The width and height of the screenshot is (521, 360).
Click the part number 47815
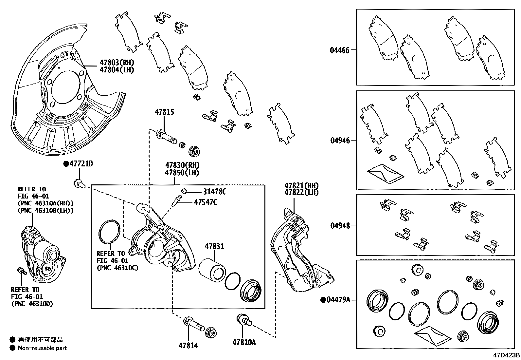pyautogui.click(x=164, y=112)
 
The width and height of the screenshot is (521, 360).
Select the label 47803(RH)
pyautogui.click(x=117, y=63)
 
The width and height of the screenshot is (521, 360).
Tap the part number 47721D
pyautogui.click(x=81, y=164)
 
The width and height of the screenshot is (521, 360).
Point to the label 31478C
pyautogui.click(x=214, y=192)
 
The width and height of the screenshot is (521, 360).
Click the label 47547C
pyautogui.click(x=206, y=202)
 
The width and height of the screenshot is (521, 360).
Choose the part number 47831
pyautogui.click(x=214, y=246)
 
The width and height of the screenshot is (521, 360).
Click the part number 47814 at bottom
pyautogui.click(x=188, y=345)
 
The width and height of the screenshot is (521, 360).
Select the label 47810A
pyautogui.click(x=244, y=342)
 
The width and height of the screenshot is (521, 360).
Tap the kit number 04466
pyautogui.click(x=340, y=50)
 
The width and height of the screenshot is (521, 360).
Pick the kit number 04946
pyautogui.click(x=340, y=141)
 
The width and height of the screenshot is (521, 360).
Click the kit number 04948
pyautogui.click(x=340, y=226)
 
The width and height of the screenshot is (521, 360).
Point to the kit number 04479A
pyautogui.click(x=338, y=300)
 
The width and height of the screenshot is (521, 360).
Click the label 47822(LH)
pyautogui.click(x=301, y=193)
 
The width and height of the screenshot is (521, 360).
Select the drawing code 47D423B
pyautogui.click(x=506, y=355)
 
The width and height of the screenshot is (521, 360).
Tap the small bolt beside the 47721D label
pyautogui.click(x=78, y=183)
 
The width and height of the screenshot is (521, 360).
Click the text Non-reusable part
pyautogui.click(x=43, y=348)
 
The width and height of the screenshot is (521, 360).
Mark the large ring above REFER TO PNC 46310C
pyautogui.click(x=109, y=232)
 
